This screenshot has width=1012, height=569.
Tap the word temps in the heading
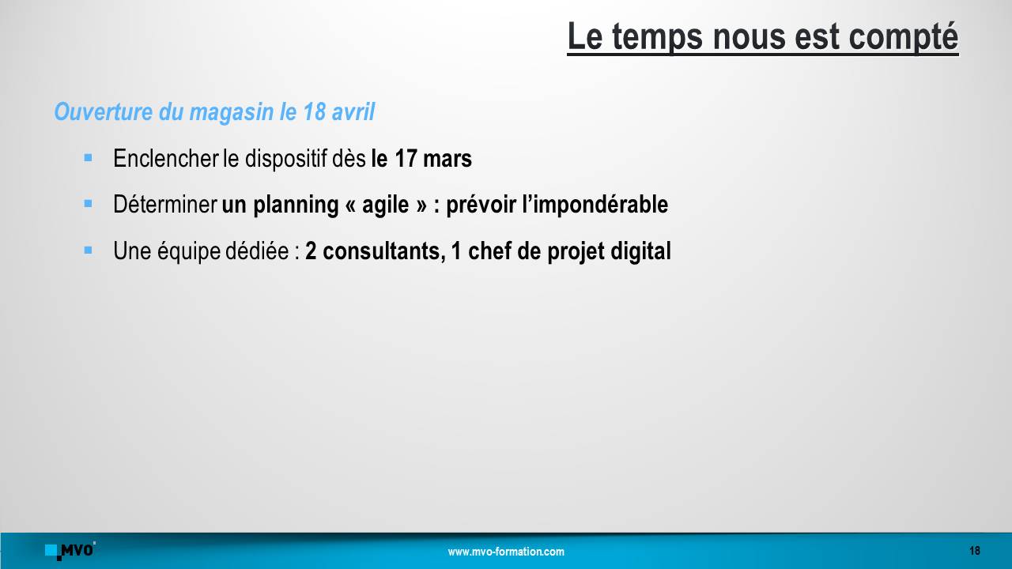657,37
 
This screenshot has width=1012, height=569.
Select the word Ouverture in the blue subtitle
104,111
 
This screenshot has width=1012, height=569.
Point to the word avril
353,111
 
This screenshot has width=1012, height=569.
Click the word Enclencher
165,158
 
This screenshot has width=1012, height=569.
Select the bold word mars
447,159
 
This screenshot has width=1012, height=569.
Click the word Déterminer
165,204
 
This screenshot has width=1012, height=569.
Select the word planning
296,205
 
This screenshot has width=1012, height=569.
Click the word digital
640,252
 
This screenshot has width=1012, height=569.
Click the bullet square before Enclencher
88,157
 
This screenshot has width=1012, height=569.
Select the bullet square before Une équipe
88,250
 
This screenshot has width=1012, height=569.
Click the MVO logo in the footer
70,551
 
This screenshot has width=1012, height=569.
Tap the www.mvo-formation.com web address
506,552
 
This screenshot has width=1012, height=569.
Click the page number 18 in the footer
975,551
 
